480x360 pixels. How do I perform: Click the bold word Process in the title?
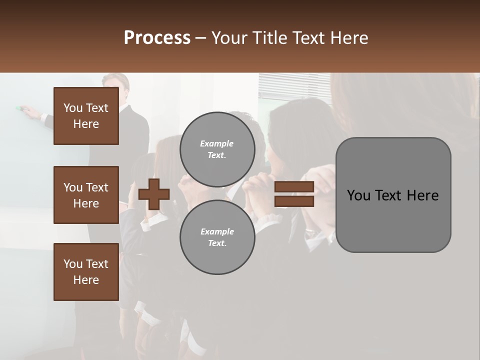tap(157, 38)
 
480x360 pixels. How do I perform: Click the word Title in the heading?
tap(270, 38)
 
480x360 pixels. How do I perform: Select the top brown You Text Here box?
tap(86, 116)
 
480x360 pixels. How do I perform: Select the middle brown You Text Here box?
tap(86, 195)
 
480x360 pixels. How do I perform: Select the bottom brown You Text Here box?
tap(86, 272)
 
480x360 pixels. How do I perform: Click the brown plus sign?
tap(154, 194)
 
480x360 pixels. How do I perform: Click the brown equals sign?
tap(294, 194)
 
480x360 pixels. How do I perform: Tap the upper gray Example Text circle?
tap(217, 149)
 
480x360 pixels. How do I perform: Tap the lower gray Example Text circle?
tap(217, 237)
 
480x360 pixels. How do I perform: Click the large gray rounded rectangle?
tap(393, 195)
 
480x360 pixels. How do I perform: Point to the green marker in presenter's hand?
tap(20, 108)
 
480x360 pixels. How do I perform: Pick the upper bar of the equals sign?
tap(294, 187)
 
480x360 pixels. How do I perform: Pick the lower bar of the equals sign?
tap(294, 201)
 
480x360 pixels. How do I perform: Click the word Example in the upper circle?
tap(217, 144)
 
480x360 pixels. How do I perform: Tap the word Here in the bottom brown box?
tap(86, 280)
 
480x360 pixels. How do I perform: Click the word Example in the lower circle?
tap(217, 232)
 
